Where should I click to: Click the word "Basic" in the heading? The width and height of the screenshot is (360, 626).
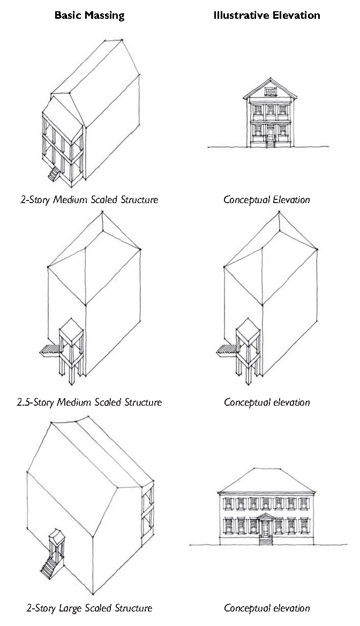click(x=67, y=16)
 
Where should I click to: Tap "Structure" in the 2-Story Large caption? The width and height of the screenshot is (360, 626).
click(x=132, y=608)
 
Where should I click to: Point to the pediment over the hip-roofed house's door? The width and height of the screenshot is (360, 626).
click(x=265, y=517)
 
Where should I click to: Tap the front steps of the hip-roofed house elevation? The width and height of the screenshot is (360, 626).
click(x=266, y=540)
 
